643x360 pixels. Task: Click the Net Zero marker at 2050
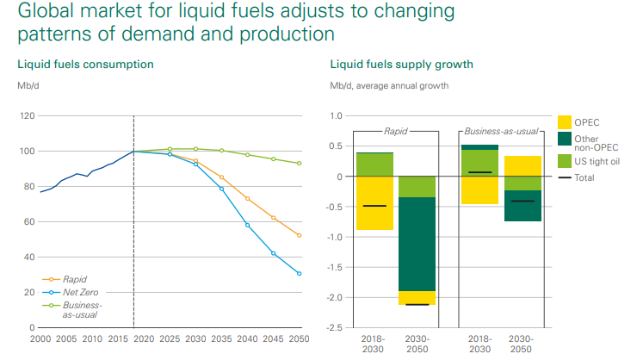300,274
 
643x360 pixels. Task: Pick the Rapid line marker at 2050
300,235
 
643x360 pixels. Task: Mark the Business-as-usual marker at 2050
300,164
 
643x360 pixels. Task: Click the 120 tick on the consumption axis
27,116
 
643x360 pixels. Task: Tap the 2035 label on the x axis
222,339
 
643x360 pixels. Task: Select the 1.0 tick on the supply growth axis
336,116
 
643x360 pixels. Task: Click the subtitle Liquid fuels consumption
85,65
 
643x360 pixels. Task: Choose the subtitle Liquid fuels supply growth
401,65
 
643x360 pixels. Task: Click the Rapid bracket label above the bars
396,131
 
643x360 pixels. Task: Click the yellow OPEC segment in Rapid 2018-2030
374,203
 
